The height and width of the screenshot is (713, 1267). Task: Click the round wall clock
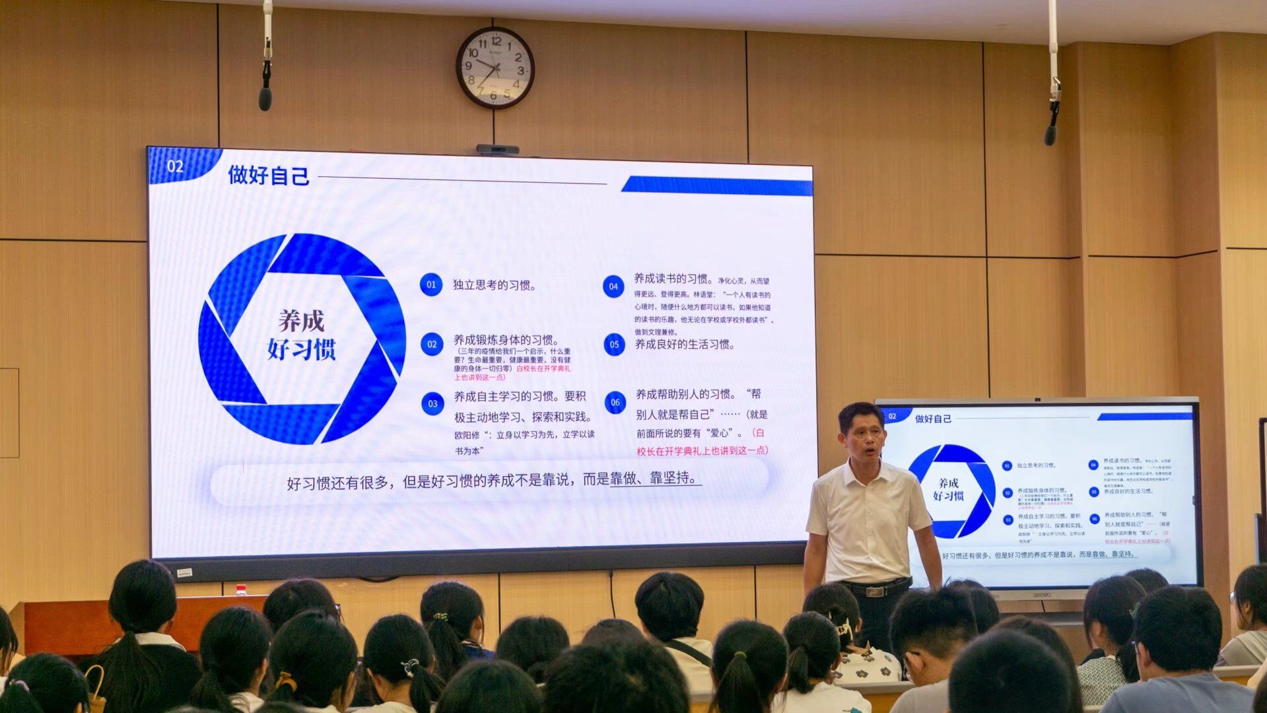(495, 67)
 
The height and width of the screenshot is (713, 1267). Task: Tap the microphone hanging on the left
(265, 97)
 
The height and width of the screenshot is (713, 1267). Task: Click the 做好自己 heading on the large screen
(269, 176)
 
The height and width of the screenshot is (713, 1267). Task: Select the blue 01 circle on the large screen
(431, 285)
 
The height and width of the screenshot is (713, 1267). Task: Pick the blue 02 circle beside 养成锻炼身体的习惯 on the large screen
(432, 344)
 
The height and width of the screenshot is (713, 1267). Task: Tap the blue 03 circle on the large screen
(432, 403)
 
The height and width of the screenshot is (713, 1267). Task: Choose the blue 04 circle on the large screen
(613, 286)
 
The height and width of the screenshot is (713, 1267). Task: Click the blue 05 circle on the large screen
(614, 344)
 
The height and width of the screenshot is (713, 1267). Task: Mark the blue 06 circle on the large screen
(615, 402)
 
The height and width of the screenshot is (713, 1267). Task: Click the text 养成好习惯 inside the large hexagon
(302, 335)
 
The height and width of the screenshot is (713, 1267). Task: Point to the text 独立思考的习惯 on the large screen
(495, 285)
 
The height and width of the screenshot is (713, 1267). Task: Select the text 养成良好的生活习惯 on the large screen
(685, 345)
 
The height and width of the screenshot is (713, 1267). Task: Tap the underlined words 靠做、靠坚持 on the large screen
(654, 479)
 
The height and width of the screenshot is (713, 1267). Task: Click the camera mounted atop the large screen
(497, 149)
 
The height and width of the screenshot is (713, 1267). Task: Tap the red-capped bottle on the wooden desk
(242, 590)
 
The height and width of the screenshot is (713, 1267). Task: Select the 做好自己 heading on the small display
(933, 419)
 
